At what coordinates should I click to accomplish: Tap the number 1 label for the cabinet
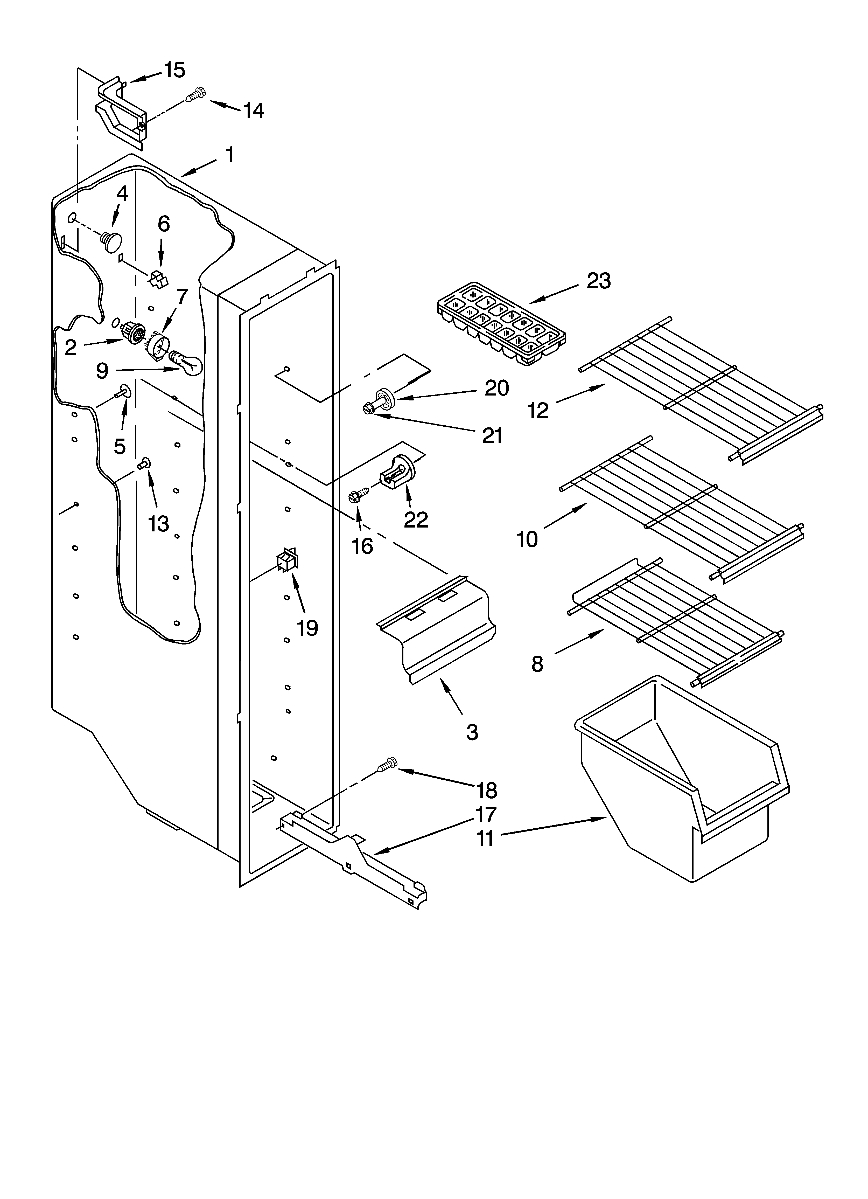[x=229, y=155]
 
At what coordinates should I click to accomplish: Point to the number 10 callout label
[x=527, y=540]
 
